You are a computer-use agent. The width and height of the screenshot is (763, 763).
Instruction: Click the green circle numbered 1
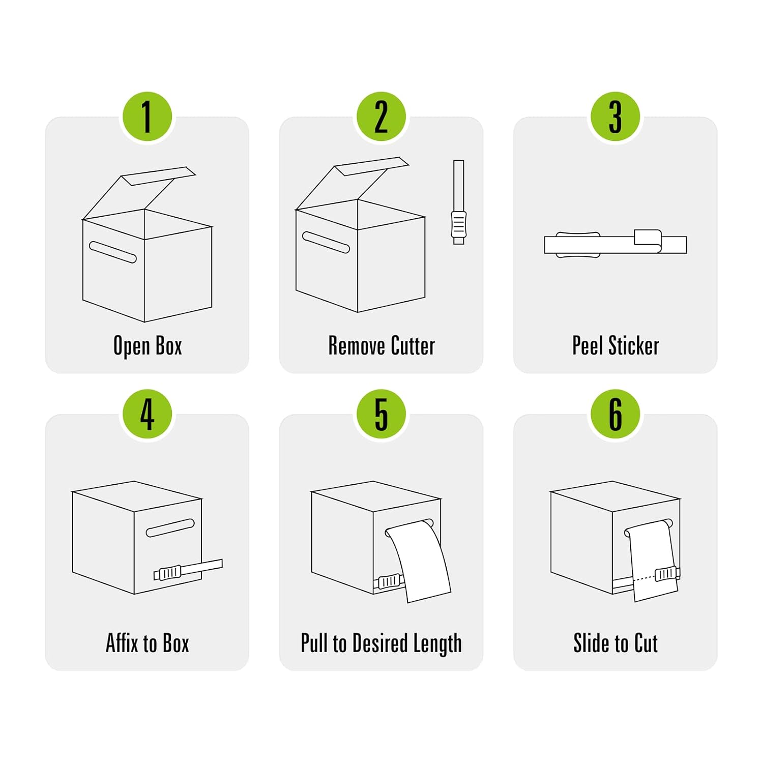pyautogui.click(x=148, y=117)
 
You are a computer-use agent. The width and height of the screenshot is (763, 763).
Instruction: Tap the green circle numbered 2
pyautogui.click(x=382, y=117)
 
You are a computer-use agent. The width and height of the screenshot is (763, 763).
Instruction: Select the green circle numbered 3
pyautogui.click(x=615, y=117)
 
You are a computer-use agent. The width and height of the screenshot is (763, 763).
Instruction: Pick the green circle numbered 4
pyautogui.click(x=148, y=415)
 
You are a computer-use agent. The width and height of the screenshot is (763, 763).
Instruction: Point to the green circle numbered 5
pyautogui.click(x=382, y=415)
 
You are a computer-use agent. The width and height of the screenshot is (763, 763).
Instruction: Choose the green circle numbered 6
pyautogui.click(x=615, y=415)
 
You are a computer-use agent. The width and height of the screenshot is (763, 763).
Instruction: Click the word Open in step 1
pyautogui.click(x=131, y=346)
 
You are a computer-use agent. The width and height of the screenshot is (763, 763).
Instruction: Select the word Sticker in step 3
pyautogui.click(x=634, y=346)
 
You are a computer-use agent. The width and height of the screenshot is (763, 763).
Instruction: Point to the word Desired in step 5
pyautogui.click(x=380, y=643)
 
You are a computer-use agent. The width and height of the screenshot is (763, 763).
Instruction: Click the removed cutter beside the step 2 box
pyautogui.click(x=458, y=202)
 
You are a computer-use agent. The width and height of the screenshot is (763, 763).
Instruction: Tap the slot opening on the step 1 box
pyautogui.click(x=113, y=252)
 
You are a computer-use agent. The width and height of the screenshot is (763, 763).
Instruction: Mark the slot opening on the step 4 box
pyautogui.click(x=170, y=528)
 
